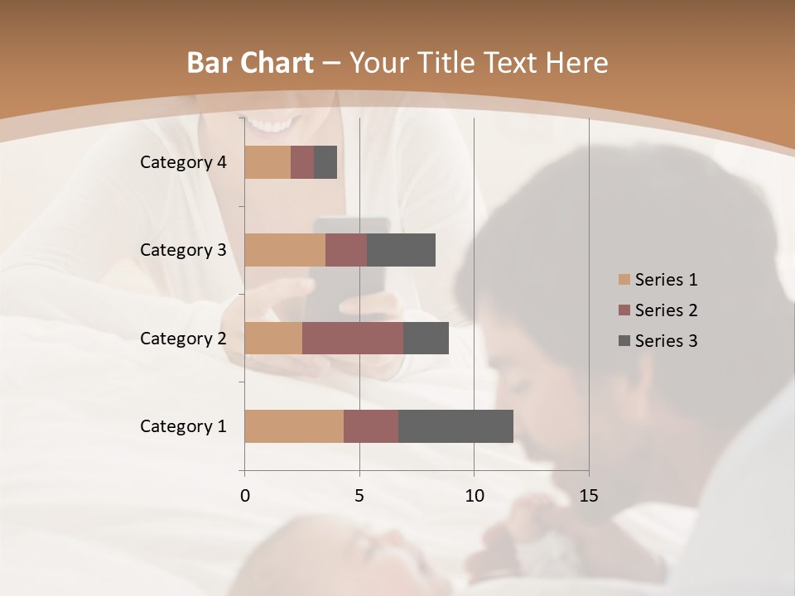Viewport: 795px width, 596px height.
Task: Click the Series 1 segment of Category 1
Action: tap(294, 426)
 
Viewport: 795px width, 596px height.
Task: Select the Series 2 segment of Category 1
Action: tap(371, 426)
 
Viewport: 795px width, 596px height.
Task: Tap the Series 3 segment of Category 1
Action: tap(455, 426)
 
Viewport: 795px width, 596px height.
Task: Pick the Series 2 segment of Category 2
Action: tap(353, 338)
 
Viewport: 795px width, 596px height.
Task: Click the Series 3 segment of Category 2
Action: tap(426, 338)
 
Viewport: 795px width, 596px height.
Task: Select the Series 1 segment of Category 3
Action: tap(285, 250)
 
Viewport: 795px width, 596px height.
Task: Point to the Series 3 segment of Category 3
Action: tap(401, 250)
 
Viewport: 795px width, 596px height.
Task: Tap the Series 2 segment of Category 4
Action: tap(302, 162)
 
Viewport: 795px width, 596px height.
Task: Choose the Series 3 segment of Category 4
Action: tap(325, 162)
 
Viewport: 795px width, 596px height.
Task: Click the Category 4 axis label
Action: tap(183, 162)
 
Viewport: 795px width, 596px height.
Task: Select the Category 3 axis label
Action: tap(183, 250)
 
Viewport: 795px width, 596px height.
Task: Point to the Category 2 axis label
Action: tap(183, 339)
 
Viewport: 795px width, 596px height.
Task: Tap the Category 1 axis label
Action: tap(183, 426)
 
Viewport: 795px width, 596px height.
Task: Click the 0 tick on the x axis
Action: tap(245, 496)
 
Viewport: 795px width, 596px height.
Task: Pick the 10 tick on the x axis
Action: tap(474, 496)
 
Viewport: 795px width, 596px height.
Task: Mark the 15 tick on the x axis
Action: tap(588, 496)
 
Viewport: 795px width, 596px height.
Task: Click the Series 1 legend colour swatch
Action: tap(624, 280)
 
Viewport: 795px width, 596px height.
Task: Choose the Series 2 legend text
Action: tap(666, 310)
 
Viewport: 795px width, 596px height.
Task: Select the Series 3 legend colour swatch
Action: tap(624, 341)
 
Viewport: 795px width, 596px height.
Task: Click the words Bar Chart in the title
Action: tap(250, 63)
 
